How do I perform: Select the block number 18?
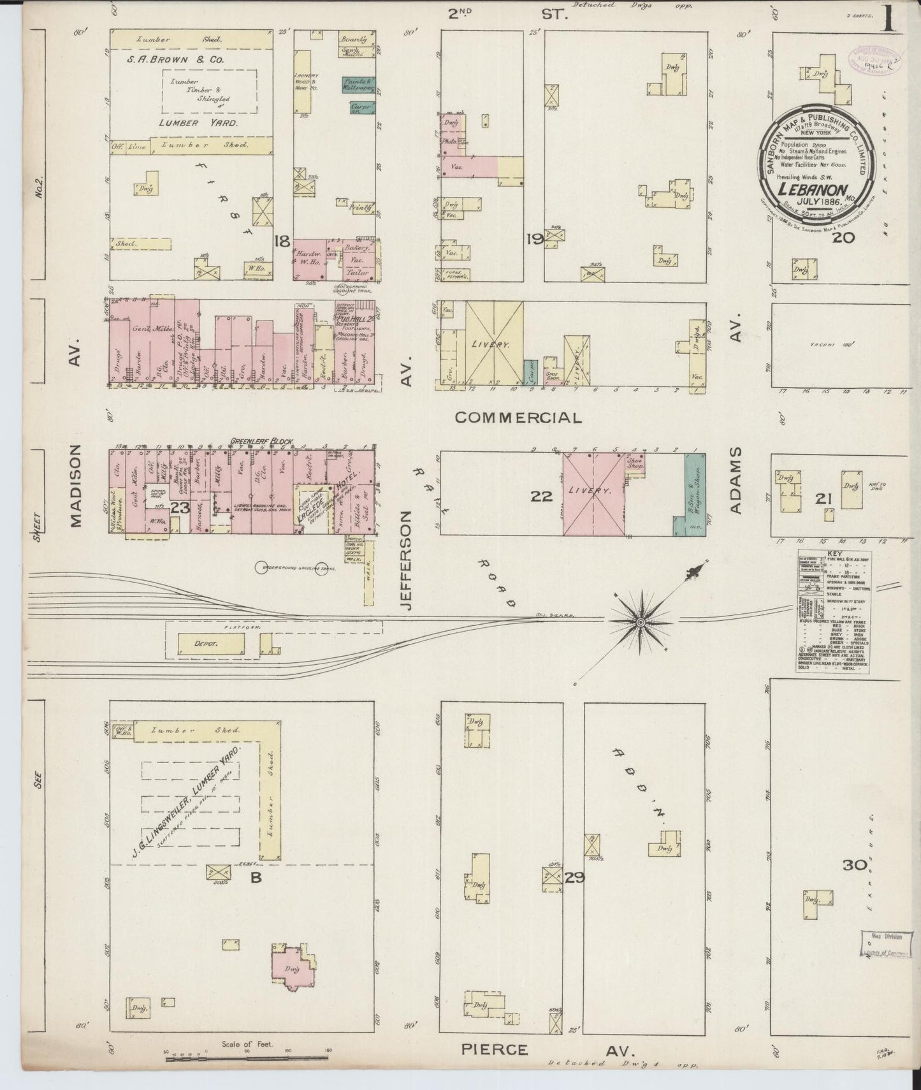(x=281, y=241)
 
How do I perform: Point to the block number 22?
(x=541, y=495)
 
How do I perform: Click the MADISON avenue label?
(x=76, y=486)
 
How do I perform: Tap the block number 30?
(x=854, y=865)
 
